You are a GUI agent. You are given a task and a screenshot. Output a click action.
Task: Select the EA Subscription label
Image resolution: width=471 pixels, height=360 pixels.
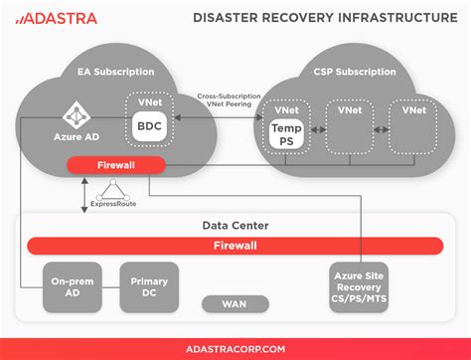point(116,72)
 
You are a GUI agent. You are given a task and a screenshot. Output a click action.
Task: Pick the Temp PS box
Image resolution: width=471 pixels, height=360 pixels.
point(285,132)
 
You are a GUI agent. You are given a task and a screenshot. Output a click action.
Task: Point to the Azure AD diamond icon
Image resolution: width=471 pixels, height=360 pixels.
point(73,114)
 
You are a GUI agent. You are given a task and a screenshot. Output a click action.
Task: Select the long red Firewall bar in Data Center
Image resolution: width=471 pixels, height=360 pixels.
point(235,245)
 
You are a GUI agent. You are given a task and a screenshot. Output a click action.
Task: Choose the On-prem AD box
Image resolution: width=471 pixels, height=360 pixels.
point(71,287)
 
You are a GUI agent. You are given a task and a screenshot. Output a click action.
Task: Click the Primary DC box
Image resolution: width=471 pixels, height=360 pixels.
point(149,287)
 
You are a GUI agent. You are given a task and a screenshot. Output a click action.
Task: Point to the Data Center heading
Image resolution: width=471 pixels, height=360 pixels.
point(235,226)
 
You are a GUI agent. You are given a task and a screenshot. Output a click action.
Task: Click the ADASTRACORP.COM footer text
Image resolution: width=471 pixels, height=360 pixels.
point(235,348)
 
